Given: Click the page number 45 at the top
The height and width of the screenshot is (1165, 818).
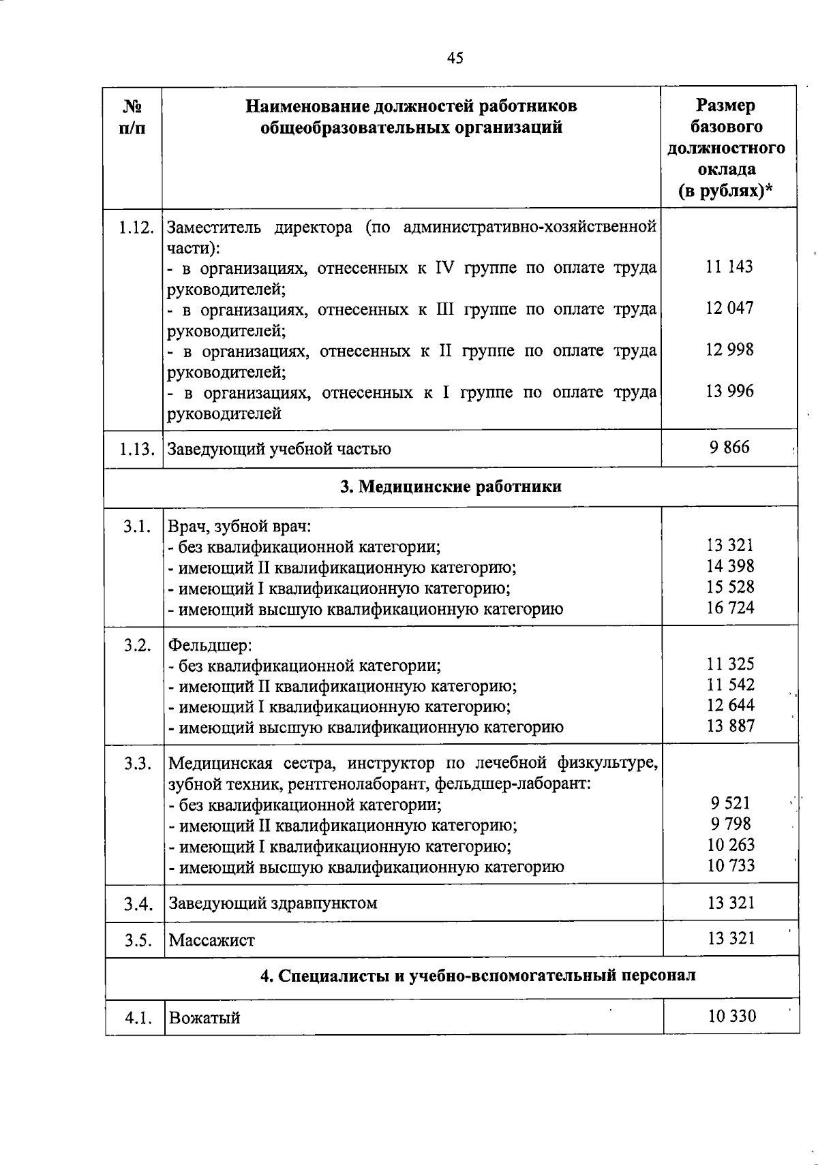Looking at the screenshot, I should [x=455, y=58].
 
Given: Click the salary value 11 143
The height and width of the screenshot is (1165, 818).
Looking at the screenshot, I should [x=729, y=267].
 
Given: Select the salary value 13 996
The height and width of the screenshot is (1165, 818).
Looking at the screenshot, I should [x=729, y=391].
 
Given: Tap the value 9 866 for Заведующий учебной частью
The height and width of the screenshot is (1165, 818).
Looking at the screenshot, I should [x=729, y=448].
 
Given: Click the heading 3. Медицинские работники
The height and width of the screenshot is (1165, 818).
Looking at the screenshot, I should [x=451, y=486].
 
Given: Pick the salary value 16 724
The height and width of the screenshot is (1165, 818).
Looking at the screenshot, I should [x=730, y=608].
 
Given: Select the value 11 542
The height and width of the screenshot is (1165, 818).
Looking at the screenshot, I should [x=730, y=685].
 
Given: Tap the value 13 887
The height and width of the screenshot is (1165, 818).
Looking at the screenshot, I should [x=730, y=726].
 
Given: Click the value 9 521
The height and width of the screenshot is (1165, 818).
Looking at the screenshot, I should [x=730, y=803].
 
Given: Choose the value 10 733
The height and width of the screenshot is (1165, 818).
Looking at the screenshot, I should [x=730, y=866].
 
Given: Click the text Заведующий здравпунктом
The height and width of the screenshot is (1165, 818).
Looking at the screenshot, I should [x=273, y=903].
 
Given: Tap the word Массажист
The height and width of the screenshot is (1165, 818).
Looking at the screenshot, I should [x=211, y=941].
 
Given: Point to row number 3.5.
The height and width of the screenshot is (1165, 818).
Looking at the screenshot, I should [x=137, y=940].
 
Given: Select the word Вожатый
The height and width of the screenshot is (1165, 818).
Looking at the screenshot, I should [x=204, y=1018].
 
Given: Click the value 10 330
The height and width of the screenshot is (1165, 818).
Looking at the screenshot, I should [x=731, y=1016].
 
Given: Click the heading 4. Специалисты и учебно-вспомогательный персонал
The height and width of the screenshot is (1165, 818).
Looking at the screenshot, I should [x=478, y=976].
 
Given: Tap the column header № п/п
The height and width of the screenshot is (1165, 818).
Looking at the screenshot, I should [x=134, y=117].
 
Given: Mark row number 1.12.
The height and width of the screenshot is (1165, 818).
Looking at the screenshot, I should [x=135, y=227].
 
